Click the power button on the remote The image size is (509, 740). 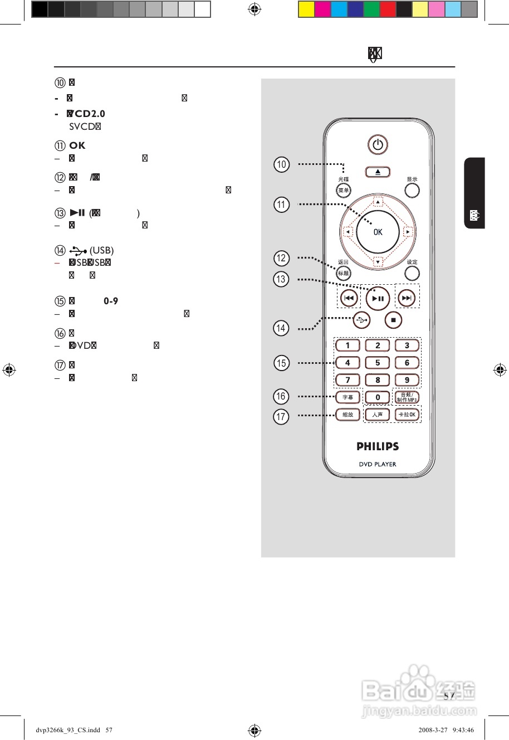[378, 145]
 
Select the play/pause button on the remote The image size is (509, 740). [378, 299]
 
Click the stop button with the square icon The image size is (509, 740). [393, 320]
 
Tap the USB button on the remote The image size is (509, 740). [361, 320]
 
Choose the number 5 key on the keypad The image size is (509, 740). [378, 363]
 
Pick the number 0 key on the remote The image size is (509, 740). [378, 397]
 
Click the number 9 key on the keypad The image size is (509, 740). [407, 380]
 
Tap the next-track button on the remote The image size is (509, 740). [407, 298]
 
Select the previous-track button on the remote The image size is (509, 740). [349, 298]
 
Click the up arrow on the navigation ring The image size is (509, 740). [378, 202]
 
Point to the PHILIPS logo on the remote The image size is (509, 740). [378, 446]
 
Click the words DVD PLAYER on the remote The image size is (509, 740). [378, 464]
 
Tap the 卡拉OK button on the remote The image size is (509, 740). [407, 415]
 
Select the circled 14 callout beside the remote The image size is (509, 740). [281, 328]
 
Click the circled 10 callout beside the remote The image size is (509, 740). [282, 164]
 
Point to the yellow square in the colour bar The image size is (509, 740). [306, 9]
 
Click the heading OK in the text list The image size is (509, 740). [77, 145]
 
